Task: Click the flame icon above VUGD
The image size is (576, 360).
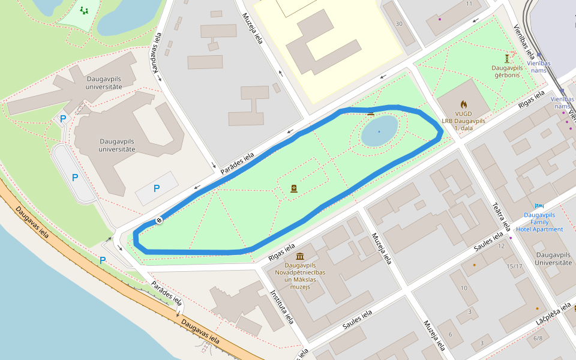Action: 463,104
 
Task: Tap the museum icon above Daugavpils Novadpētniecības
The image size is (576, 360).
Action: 300,257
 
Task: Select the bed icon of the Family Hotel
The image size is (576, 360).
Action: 539,206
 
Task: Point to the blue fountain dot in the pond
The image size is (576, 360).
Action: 379,131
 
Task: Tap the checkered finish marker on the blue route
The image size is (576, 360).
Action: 159,220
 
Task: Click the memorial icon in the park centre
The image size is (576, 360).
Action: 294,188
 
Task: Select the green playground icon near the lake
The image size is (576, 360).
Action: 83,11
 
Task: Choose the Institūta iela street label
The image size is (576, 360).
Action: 281,307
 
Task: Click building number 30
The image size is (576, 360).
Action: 399,24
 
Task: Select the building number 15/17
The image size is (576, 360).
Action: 514,266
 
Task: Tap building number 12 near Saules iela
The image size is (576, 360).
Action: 501,246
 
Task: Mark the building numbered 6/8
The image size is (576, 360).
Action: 538,338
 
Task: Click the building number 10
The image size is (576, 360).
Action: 464,289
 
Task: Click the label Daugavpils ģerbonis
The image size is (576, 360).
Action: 506,71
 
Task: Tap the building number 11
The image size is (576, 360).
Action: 469,4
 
